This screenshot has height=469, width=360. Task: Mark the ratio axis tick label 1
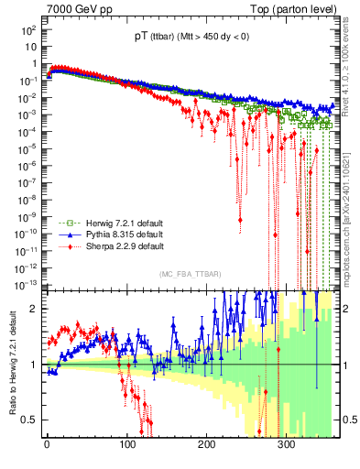[34, 365]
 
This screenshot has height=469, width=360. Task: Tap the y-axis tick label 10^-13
[26, 281]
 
